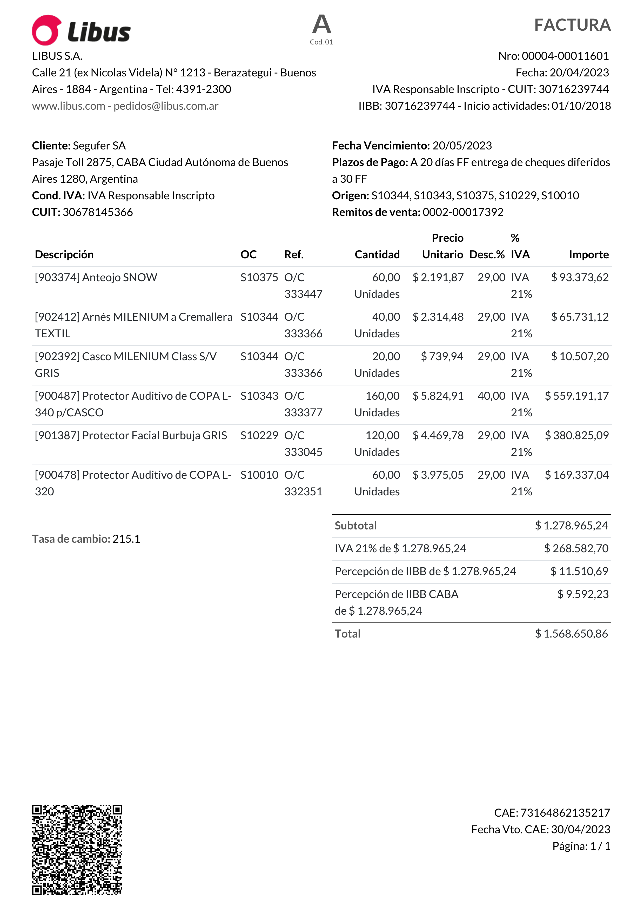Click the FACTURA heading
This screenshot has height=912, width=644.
point(572,25)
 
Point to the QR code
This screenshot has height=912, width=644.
point(77,850)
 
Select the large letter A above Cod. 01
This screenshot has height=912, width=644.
point(321,25)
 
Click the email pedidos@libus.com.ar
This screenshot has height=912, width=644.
point(166,106)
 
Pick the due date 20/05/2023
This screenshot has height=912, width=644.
point(462,146)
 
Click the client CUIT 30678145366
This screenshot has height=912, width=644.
point(98,212)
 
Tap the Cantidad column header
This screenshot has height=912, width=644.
point(377,255)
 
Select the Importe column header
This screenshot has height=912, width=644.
point(588,255)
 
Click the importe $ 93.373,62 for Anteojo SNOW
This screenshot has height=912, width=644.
point(580,277)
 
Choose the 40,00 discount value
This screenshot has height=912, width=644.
point(491,396)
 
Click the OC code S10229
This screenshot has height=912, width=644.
point(259,435)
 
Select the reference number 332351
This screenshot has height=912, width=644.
point(303,492)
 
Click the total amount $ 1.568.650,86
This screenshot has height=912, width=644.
point(571,634)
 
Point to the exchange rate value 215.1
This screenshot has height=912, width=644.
point(126,539)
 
